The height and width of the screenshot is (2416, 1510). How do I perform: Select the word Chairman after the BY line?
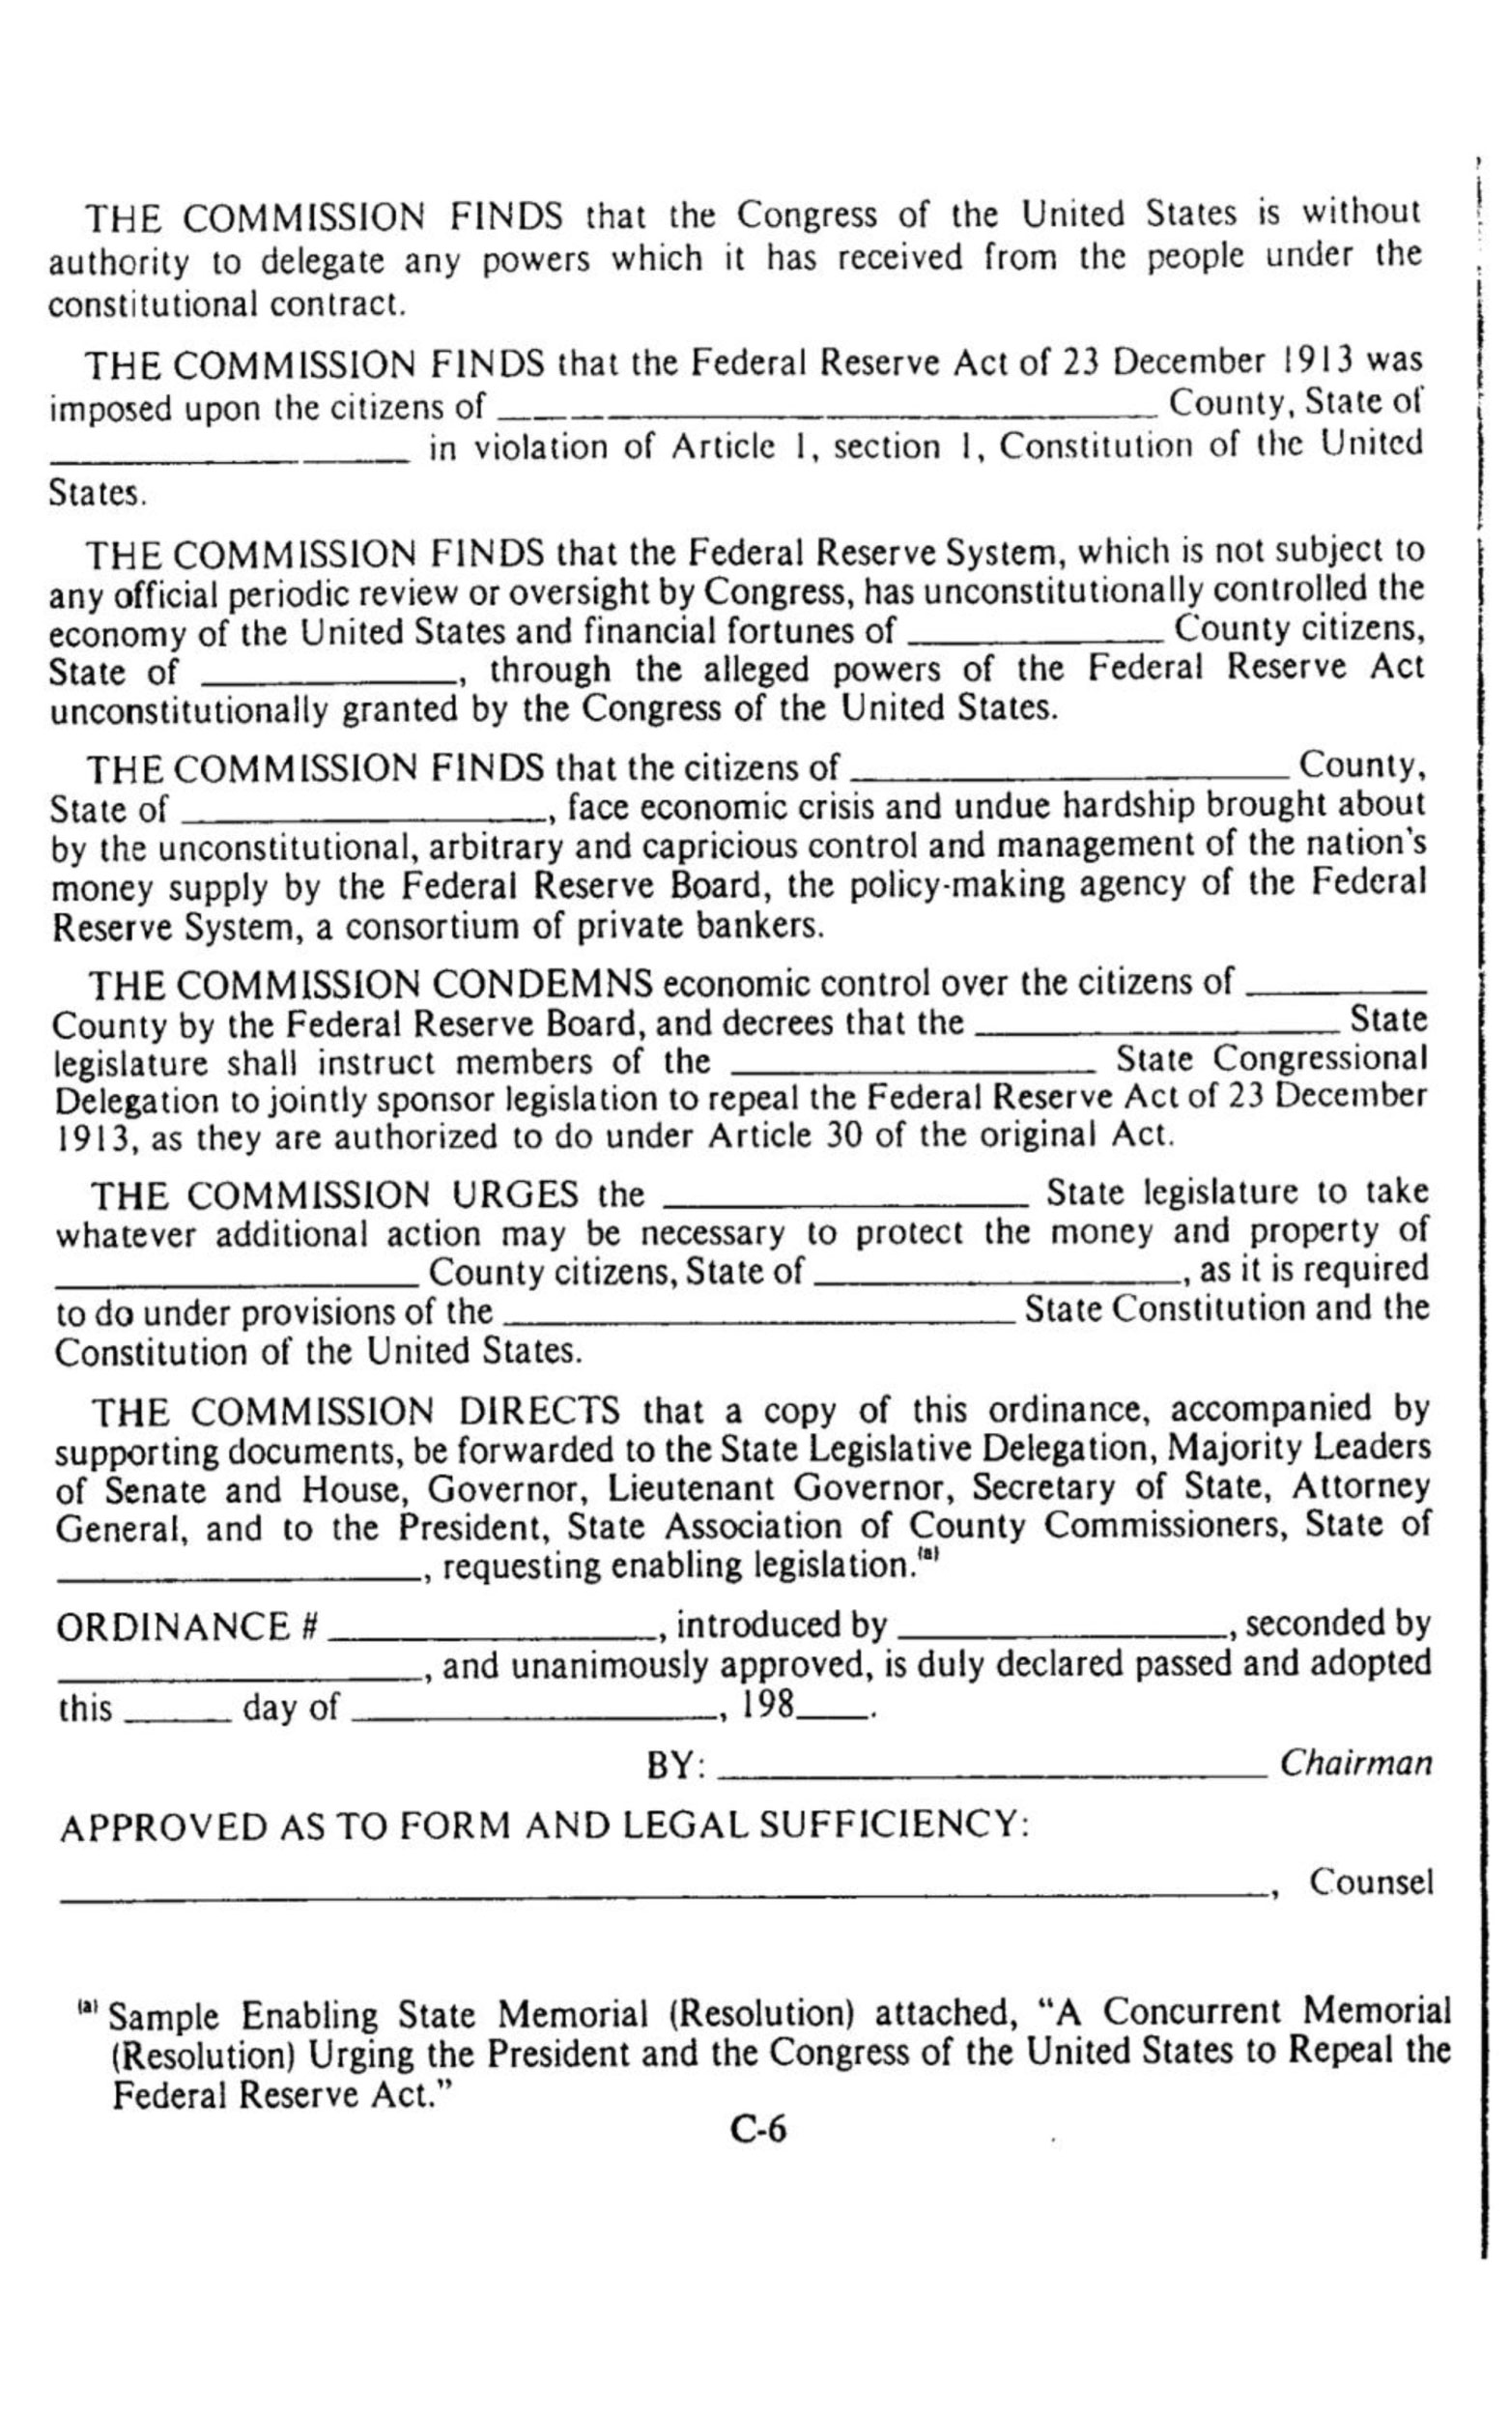(x=1355, y=1763)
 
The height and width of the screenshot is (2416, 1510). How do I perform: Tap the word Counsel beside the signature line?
(x=1371, y=1882)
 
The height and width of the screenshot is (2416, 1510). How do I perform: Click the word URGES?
(x=515, y=1194)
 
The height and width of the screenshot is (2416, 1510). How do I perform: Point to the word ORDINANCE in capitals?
(x=173, y=1627)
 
